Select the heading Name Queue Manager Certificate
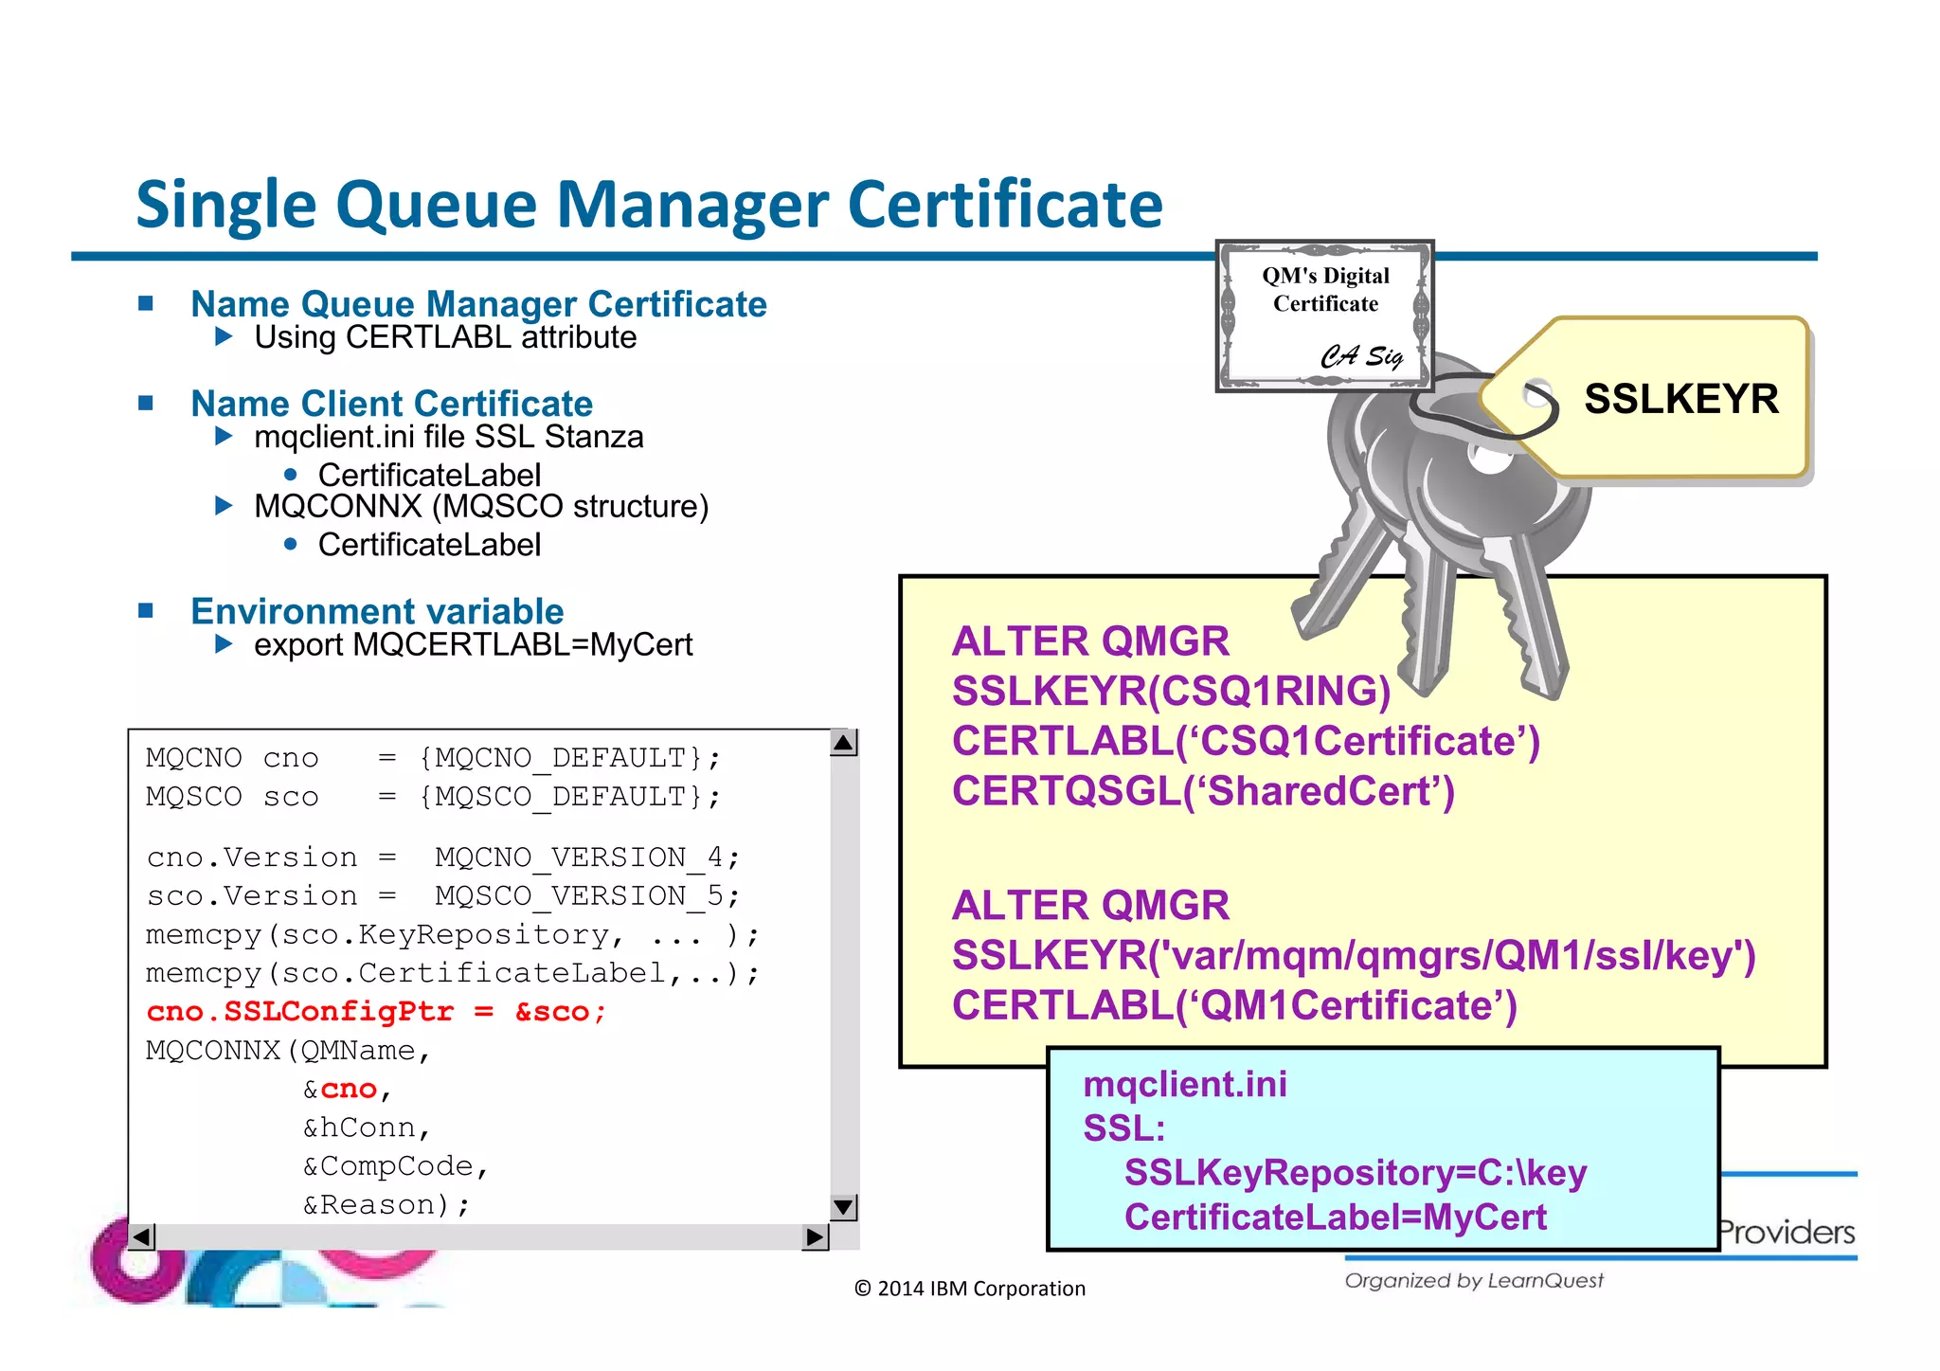click(478, 304)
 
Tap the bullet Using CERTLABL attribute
click(445, 337)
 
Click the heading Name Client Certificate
click(391, 404)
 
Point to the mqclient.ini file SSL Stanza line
click(448, 437)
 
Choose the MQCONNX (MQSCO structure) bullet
click(481, 506)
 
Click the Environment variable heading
click(377, 611)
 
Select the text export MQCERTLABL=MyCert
click(473, 645)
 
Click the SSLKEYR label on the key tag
click(1680, 399)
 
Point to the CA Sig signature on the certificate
click(1361, 356)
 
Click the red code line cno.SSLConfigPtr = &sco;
click(376, 1012)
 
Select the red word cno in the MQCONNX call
click(349, 1090)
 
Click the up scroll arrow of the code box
click(843, 743)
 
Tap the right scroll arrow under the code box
click(814, 1236)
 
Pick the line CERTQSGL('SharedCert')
click(1202, 791)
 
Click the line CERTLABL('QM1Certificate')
click(1233, 1005)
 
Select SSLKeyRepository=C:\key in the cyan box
click(1355, 1173)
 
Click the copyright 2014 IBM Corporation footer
click(970, 1289)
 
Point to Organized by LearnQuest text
click(1474, 1281)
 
